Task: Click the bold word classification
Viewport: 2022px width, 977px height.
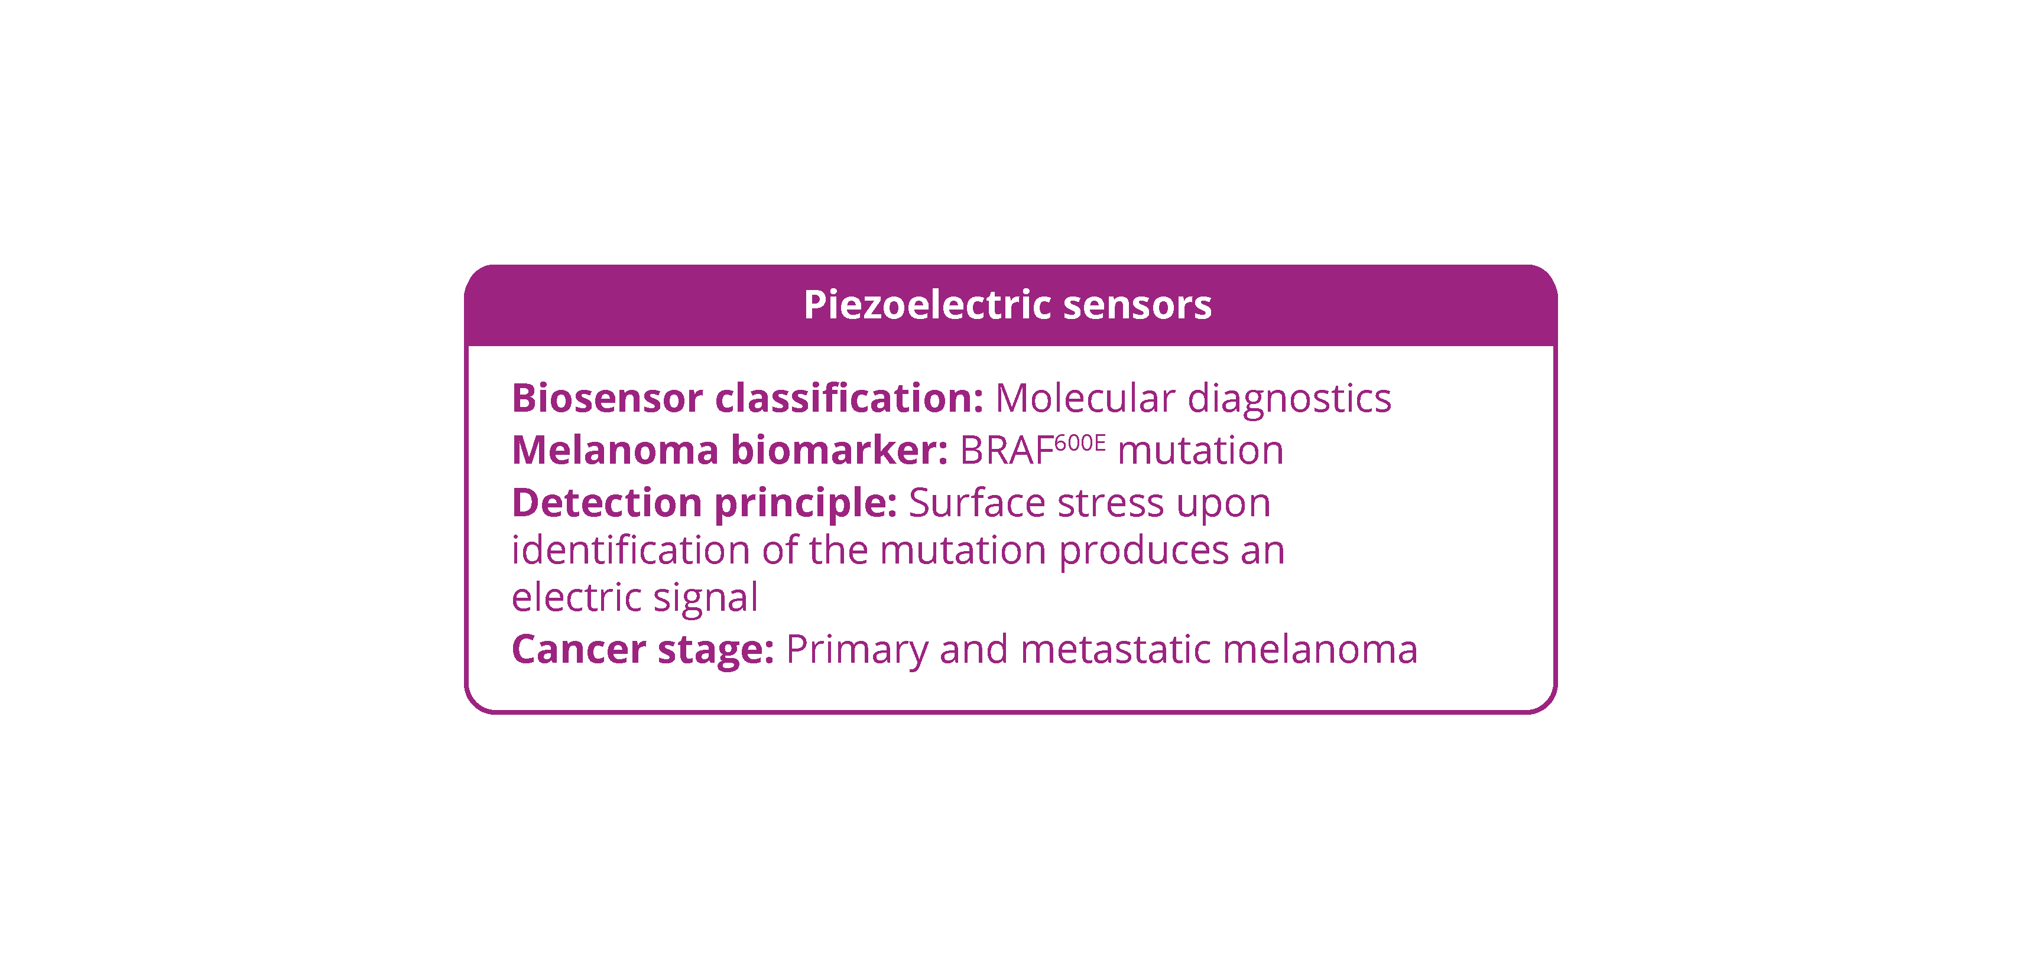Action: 849,398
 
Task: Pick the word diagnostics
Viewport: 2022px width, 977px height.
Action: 1289,399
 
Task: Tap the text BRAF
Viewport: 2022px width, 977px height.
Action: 1007,451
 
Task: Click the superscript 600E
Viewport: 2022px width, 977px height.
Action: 1079,444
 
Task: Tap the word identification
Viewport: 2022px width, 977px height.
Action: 630,549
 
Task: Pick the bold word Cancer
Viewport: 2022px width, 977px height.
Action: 579,650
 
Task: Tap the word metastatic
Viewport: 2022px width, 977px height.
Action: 1115,650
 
